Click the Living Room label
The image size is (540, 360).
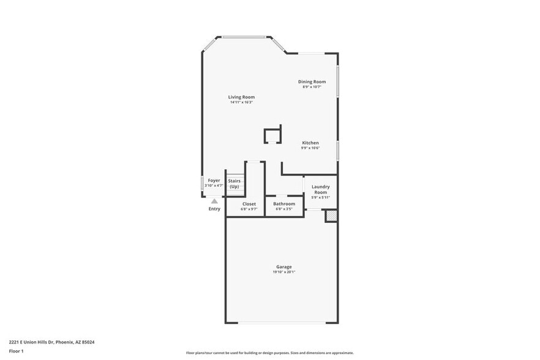[x=241, y=97]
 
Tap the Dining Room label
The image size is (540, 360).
[x=312, y=81]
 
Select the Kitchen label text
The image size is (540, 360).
[x=310, y=143]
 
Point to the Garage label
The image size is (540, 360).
[x=283, y=266]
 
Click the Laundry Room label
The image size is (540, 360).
[x=320, y=189]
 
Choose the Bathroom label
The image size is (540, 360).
[x=284, y=203]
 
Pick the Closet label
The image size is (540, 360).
[x=249, y=203]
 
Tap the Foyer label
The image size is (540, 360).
[x=214, y=180]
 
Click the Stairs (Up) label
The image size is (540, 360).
[x=234, y=183]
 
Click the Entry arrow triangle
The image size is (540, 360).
[x=214, y=200]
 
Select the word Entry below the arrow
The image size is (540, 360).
[x=214, y=209]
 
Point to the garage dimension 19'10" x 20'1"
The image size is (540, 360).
[x=283, y=272]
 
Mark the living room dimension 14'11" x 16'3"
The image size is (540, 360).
[x=241, y=102]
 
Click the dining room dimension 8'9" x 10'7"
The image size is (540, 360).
[x=312, y=87]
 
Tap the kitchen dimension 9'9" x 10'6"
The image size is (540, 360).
[x=310, y=148]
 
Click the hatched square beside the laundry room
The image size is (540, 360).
[x=331, y=216]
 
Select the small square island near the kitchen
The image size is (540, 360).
[x=272, y=135]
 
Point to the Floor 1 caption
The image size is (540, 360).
[x=16, y=351]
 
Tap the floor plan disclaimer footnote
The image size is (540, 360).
[x=269, y=353]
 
